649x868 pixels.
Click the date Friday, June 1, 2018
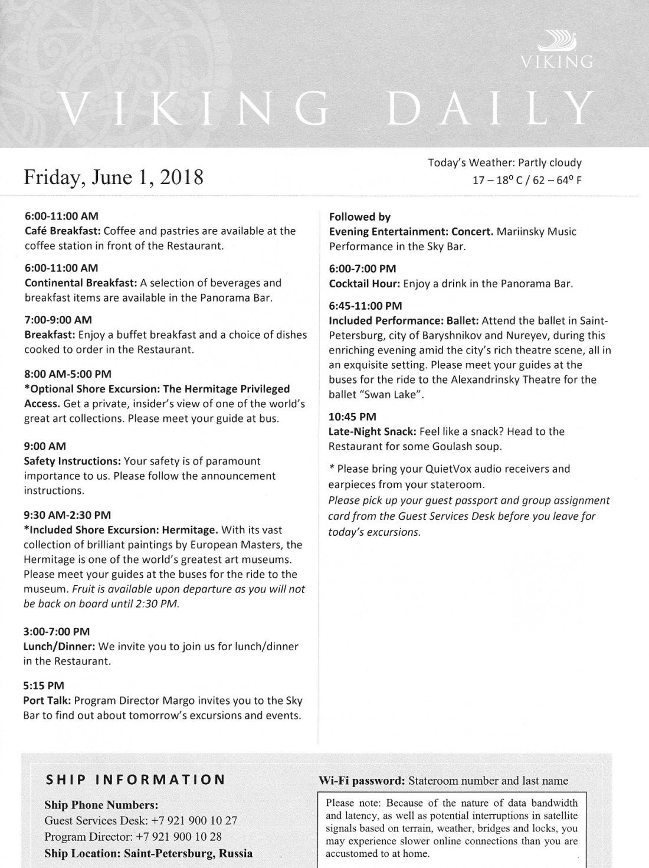coord(113,176)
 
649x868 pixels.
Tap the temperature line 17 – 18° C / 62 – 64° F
coord(526,180)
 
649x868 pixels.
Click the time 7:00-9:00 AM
coord(58,320)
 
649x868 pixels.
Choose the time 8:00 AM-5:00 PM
coord(67,374)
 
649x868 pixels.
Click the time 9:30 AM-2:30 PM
coord(67,515)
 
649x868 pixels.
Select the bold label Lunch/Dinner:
coord(57,646)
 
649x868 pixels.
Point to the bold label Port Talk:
coord(48,700)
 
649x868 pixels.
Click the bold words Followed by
coord(360,217)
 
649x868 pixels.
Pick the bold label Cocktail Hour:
coord(365,283)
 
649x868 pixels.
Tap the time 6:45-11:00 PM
coord(365,306)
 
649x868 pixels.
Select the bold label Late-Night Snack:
coord(372,431)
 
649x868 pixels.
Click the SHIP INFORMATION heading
coord(136,779)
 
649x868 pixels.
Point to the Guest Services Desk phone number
coord(194,820)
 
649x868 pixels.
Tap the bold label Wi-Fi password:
coord(361,781)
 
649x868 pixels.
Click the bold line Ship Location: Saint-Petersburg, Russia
coord(148,853)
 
